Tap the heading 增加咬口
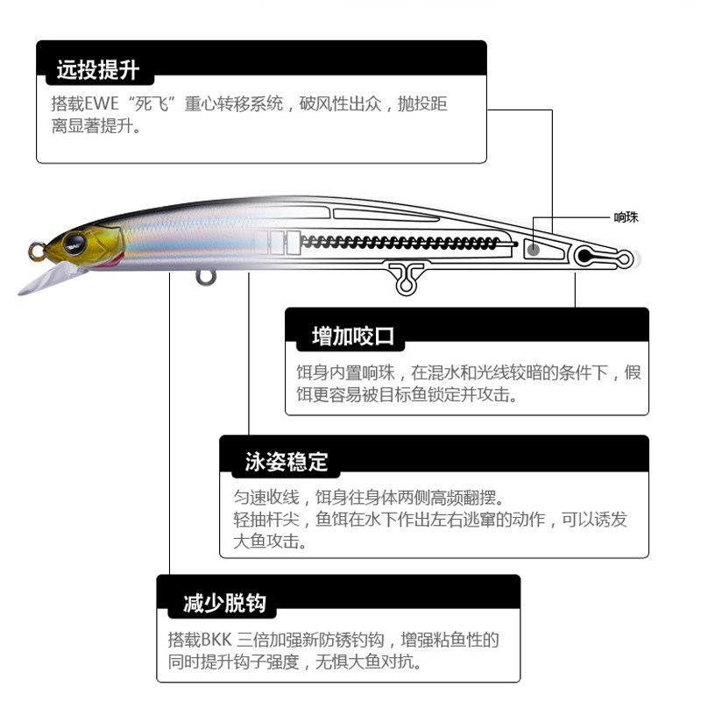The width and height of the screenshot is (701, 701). pos(353,336)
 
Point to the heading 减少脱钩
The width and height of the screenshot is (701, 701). pos(224,603)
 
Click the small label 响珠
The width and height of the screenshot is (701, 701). pos(626,216)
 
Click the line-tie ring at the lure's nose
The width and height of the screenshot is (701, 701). pos(36,251)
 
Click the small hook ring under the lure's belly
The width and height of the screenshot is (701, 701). pos(206,278)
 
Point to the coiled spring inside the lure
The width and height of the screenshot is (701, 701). pos(399,240)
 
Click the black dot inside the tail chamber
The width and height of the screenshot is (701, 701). pos(584,257)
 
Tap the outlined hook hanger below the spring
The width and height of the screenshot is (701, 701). pos(406,277)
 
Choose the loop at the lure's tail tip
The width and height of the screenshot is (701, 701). pos(623,259)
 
